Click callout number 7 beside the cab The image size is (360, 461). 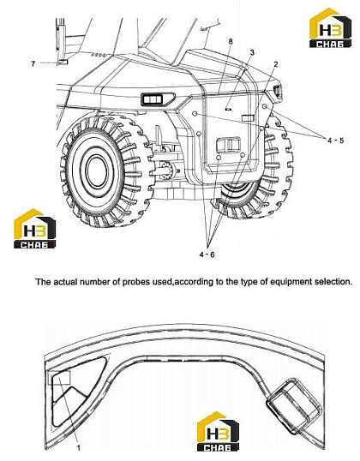33,63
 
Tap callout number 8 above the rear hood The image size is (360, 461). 231,41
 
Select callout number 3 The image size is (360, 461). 252,52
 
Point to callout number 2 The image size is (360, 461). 276,63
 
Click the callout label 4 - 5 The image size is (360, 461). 336,141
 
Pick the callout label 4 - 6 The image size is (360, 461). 207,254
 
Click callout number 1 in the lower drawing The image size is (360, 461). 79,448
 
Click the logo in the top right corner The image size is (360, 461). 330,28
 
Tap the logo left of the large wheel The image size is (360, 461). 34,229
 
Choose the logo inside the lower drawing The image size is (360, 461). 218,432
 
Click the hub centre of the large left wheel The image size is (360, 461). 97,171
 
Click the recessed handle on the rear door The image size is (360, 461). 228,145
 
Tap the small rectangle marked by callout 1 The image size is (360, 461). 59,378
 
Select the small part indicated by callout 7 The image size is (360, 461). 63,62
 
